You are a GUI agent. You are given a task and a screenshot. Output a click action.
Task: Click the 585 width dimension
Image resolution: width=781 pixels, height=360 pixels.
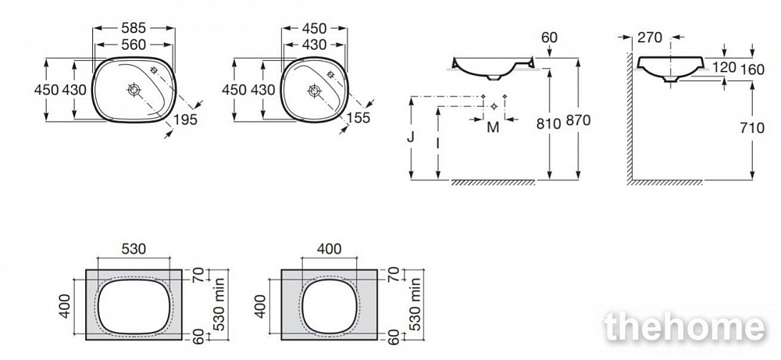tap(134, 28)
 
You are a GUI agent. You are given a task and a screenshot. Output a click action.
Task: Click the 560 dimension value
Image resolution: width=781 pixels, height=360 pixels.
tap(134, 45)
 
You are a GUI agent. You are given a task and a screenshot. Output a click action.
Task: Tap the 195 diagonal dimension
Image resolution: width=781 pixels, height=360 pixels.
tap(186, 119)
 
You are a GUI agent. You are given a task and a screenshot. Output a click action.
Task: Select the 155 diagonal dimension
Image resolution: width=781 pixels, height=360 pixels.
tap(358, 117)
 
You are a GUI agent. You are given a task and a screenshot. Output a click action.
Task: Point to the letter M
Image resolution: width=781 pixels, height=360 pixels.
tap(493, 127)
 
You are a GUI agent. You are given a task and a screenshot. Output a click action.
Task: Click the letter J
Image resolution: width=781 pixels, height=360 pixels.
tap(411, 137)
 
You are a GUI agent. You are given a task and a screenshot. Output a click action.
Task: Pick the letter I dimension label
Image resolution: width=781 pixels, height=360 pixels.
tap(437, 144)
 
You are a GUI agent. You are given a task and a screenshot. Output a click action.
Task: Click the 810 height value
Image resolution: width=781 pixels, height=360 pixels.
tap(549, 123)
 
